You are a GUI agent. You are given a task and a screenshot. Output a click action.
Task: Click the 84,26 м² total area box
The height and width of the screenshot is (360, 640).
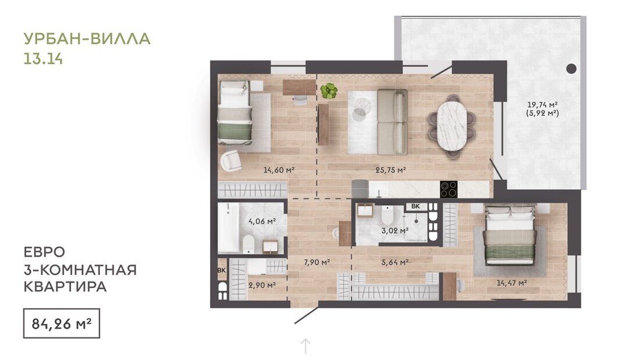(x=61, y=323)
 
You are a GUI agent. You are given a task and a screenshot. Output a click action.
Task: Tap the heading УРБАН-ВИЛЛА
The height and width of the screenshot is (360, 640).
(x=87, y=39)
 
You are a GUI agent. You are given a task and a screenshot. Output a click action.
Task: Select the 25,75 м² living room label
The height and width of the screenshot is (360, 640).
(x=390, y=170)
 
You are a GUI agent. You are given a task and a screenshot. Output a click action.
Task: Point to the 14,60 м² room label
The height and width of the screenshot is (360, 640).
(x=279, y=170)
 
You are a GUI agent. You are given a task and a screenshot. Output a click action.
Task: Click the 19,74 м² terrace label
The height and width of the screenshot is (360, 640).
(x=542, y=105)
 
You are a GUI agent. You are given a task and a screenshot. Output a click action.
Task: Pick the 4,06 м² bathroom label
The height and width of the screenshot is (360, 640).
(x=262, y=221)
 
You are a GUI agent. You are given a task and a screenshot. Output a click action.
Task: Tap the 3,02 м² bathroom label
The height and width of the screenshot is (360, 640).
(x=394, y=231)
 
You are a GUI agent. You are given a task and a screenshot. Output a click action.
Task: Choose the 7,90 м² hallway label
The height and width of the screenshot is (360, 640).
(x=317, y=262)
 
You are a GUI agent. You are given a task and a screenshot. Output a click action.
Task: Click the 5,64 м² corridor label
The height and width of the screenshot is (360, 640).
(x=394, y=262)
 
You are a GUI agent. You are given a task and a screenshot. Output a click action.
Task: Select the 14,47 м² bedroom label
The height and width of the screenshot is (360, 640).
(x=511, y=283)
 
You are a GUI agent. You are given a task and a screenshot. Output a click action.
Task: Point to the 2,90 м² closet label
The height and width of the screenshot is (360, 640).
(x=262, y=286)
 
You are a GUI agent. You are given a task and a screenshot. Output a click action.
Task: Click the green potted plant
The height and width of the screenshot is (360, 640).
(x=329, y=91)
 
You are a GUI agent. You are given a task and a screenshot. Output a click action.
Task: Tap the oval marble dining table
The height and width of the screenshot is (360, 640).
(x=452, y=126)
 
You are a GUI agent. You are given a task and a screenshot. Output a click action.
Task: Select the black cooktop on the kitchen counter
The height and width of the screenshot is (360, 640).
(x=449, y=190)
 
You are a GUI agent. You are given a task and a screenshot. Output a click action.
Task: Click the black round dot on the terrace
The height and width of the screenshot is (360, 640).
(x=571, y=69)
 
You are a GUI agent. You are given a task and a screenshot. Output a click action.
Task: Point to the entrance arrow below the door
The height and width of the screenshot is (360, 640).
(x=305, y=346)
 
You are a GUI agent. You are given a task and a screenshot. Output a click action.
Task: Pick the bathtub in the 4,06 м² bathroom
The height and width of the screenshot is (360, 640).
(x=227, y=227)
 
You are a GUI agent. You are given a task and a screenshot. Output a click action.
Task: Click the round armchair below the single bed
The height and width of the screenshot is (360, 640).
(x=231, y=161)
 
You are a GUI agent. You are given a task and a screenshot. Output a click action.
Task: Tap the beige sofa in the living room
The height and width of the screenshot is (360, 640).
(x=392, y=122)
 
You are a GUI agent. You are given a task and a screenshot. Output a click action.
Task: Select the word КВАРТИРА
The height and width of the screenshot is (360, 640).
(x=65, y=287)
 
